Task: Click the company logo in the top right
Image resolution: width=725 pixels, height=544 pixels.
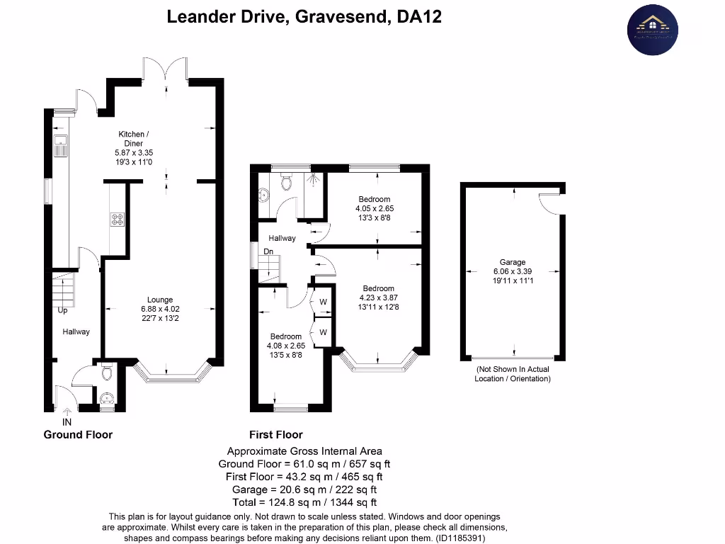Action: point(652,29)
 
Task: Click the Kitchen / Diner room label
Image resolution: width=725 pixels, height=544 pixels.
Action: point(131,138)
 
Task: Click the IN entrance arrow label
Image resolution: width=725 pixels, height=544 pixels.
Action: point(67,421)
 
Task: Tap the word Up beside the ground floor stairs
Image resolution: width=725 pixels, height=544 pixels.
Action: point(62,311)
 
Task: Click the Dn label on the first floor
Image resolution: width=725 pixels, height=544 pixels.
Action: point(268,251)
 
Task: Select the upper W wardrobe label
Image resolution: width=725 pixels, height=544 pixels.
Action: point(323,301)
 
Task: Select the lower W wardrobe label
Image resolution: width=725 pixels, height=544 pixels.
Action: point(323,331)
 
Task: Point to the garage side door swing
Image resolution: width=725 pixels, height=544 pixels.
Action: point(549,203)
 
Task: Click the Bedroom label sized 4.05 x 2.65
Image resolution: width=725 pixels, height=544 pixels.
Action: point(374,200)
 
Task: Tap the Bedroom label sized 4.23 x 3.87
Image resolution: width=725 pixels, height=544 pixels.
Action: point(379,288)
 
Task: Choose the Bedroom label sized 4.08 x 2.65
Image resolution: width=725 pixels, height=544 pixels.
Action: point(285,336)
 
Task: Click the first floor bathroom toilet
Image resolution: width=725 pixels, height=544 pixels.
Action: point(287,183)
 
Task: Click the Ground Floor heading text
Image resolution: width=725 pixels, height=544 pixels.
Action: point(78,434)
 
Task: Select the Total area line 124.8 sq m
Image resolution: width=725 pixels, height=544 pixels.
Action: point(304,502)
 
